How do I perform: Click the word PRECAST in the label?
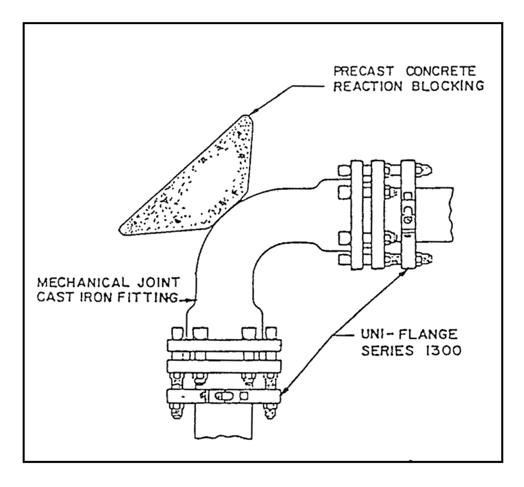(363, 71)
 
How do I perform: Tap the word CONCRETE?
(441, 71)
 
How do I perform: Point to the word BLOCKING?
(448, 86)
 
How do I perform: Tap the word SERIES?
(388, 350)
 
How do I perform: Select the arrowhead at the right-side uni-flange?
(405, 272)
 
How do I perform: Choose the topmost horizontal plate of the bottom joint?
(224, 346)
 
